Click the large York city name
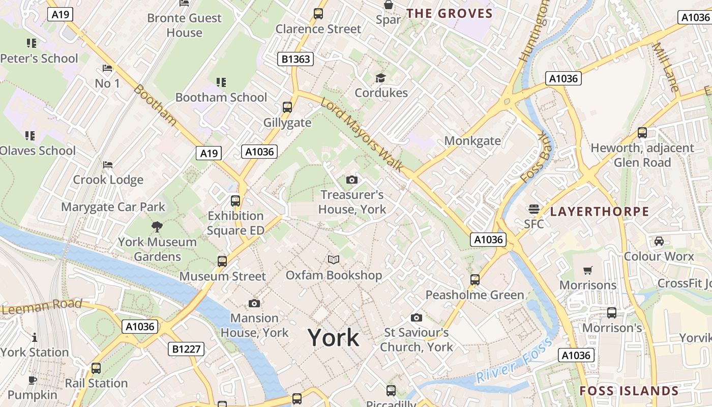333,338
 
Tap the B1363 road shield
295,59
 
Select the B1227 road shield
186,349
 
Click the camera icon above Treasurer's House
351,180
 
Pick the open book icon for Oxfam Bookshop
334,260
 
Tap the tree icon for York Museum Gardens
157,227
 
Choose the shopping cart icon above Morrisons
588,270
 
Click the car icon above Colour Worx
659,241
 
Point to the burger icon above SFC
533,209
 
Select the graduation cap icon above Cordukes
380,78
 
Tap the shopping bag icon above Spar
389,5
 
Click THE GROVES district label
450,14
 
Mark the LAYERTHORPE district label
600,212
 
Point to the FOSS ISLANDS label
629,391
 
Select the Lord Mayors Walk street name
362,134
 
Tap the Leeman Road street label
42,306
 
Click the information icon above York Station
35,337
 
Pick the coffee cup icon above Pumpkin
33,380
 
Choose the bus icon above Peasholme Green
474,279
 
